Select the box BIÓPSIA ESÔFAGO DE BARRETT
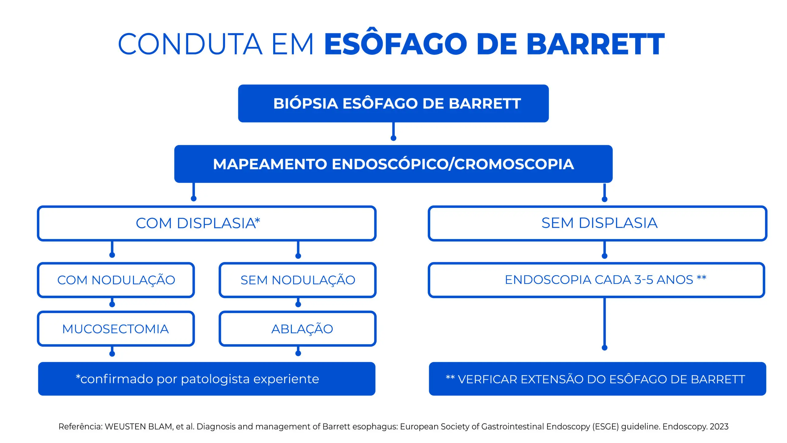(393, 103)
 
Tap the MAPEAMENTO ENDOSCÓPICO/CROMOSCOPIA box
(393, 164)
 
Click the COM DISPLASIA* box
(207, 223)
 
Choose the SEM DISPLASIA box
(597, 223)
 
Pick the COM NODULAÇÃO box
(116, 280)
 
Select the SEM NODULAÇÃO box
(298, 280)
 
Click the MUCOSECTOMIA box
(116, 329)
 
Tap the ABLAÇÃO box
(298, 329)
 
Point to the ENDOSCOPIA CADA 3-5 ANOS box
(596, 280)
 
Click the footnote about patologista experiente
(207, 379)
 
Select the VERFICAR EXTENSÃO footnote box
(597, 379)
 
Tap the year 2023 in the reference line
(719, 427)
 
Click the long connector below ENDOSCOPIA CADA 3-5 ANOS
(604, 323)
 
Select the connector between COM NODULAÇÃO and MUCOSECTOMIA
(112, 302)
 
